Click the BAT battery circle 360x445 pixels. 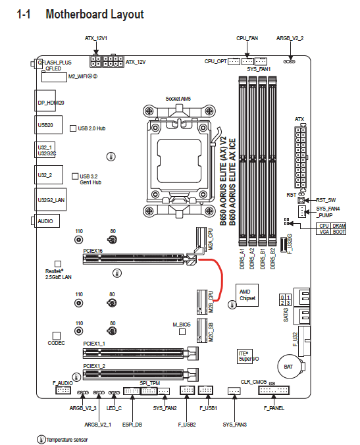coord(288,367)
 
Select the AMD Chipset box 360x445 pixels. coord(247,295)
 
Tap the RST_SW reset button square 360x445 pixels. coord(301,200)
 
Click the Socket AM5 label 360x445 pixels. coord(178,99)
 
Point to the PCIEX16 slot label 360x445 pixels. coord(93,251)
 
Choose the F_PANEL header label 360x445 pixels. coord(274,408)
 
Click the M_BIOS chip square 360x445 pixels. coord(182,332)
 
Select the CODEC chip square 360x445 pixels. coord(57,336)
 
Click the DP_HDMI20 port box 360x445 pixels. coord(45,101)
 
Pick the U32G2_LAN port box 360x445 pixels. coord(51,199)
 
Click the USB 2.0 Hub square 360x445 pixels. coord(73,128)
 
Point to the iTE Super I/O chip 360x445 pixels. coord(245,356)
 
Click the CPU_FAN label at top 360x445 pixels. coord(247,38)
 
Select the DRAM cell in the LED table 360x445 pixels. coord(339,226)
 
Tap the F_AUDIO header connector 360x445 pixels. coord(63,390)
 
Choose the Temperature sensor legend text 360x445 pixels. coord(67,440)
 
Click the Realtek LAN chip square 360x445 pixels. coord(58,264)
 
